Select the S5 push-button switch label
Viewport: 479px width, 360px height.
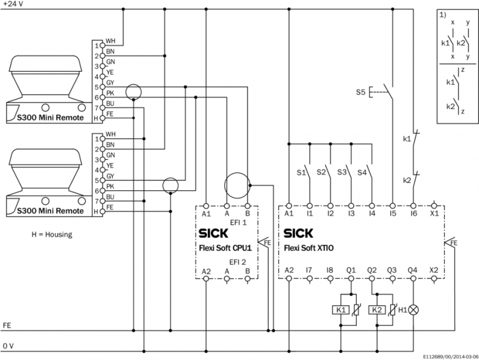360,92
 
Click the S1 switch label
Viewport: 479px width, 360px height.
302,173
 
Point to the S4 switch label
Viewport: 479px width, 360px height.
363,173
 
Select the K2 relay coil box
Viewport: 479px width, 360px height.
377,310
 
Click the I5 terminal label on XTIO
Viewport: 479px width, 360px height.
392,214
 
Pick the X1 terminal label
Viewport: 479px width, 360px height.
435,214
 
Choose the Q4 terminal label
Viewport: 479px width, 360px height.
412,271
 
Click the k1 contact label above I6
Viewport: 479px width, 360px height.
406,139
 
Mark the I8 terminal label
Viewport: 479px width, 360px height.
330,271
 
